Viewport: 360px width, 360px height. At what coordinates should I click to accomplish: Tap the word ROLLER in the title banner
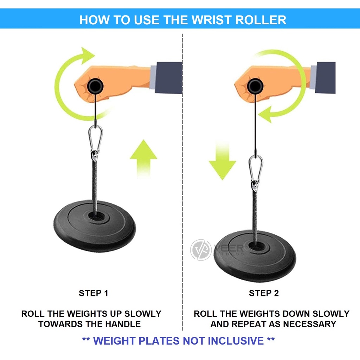click(x=261, y=20)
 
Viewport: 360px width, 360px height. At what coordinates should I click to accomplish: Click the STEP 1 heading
click(x=94, y=293)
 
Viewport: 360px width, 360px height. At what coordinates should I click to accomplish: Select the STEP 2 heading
click(x=264, y=293)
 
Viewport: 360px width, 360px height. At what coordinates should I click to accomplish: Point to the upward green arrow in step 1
click(x=143, y=159)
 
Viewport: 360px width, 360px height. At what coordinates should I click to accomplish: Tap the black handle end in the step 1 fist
click(x=95, y=86)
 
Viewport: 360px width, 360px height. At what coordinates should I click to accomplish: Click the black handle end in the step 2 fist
click(x=255, y=86)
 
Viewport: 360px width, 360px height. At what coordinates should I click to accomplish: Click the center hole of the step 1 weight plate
click(x=96, y=217)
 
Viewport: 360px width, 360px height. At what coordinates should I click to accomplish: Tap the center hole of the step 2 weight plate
click(x=256, y=247)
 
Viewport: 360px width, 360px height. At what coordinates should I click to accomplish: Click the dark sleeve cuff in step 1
click(x=168, y=78)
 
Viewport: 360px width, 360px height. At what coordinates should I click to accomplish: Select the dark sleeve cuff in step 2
click(x=325, y=78)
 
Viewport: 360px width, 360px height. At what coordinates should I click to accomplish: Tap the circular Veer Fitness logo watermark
click(x=201, y=250)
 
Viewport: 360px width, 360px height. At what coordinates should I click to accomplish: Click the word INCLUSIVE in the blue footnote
click(x=236, y=341)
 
